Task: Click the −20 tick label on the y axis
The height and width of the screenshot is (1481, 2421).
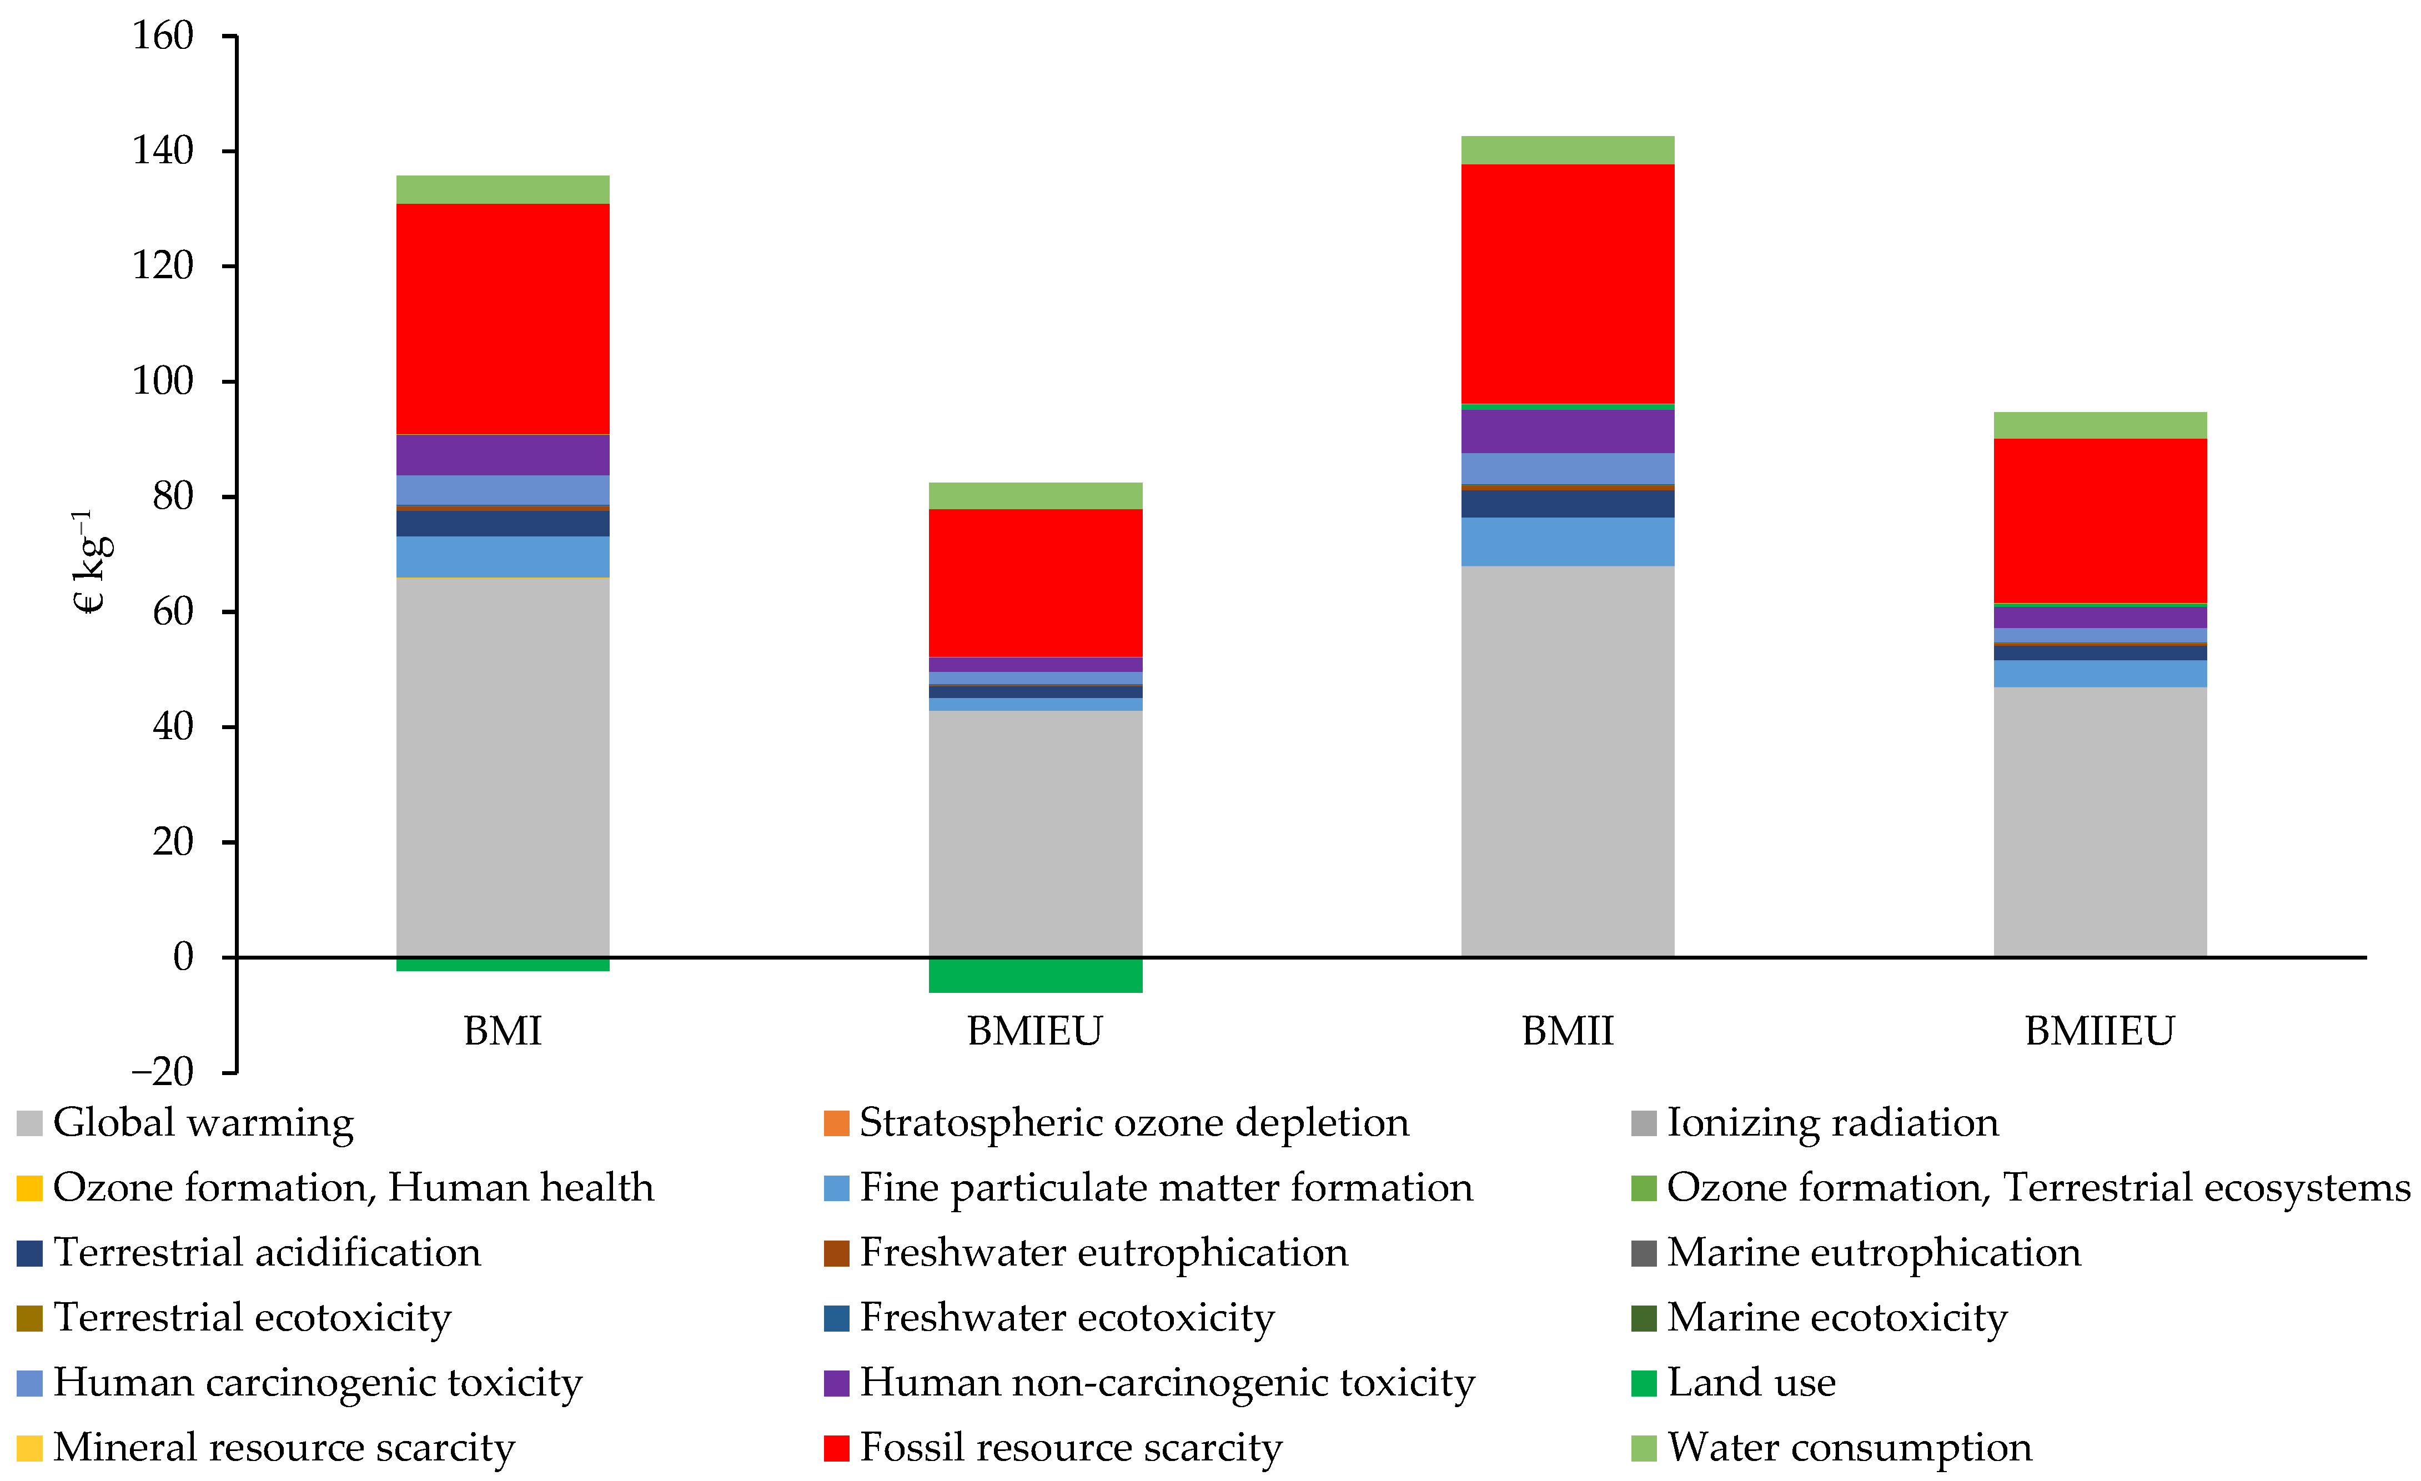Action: point(163,1071)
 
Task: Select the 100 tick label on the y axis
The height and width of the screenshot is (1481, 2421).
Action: point(163,381)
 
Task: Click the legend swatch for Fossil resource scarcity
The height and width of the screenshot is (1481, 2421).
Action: point(836,1448)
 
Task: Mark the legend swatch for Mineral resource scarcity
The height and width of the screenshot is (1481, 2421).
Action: point(29,1448)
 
